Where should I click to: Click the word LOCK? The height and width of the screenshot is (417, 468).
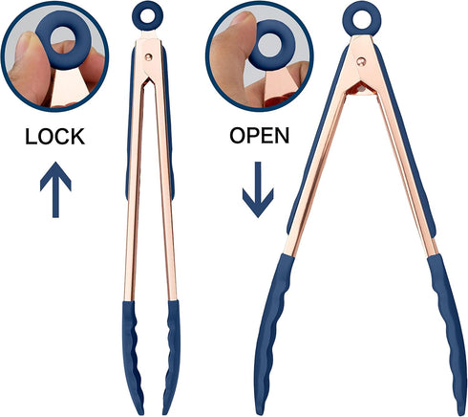coord(54,137)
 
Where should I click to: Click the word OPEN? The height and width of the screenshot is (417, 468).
coord(259,136)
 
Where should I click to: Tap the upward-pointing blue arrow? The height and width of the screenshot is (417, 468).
coord(55,189)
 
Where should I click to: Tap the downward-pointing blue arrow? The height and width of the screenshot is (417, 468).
coord(258,189)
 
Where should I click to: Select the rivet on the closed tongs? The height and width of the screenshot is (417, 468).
coord(148,57)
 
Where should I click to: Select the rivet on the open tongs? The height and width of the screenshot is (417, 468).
coord(361,61)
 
